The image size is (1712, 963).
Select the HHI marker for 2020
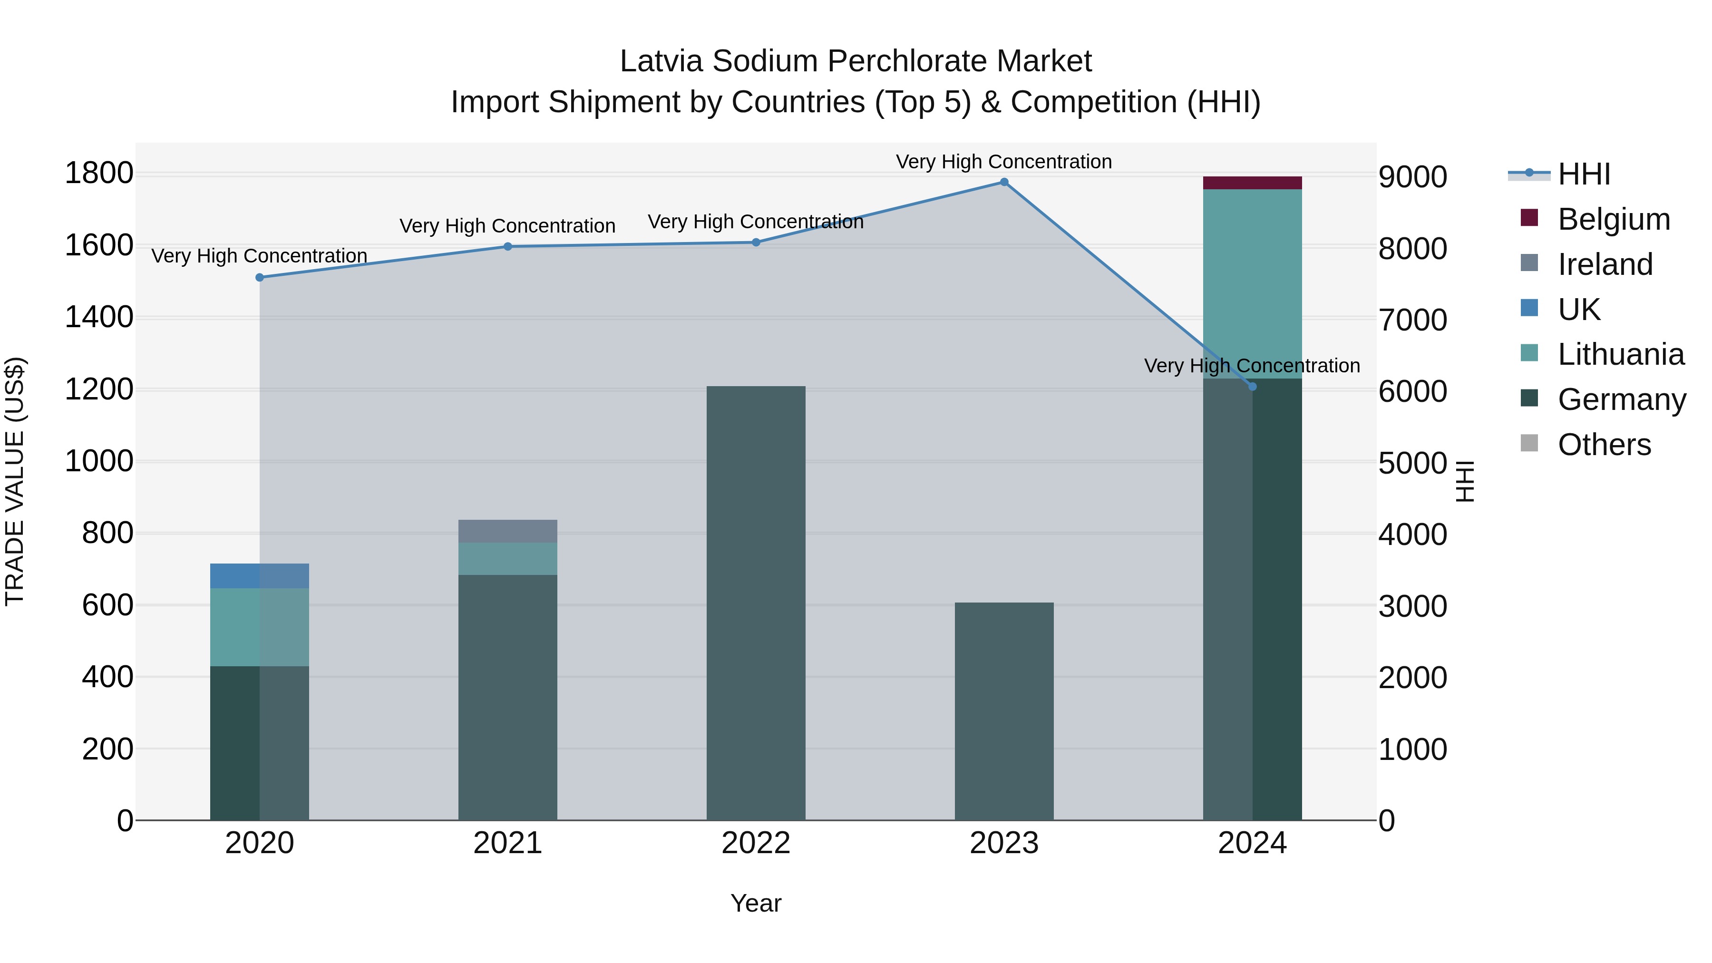click(x=260, y=277)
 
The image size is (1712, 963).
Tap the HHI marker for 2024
click(x=1252, y=386)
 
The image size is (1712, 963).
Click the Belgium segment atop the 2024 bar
click(x=1252, y=183)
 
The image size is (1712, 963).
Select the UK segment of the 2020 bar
click(x=259, y=575)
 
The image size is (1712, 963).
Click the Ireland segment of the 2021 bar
click(x=508, y=531)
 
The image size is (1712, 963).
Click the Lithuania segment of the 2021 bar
click(x=508, y=558)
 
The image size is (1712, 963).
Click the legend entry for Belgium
click(x=1613, y=219)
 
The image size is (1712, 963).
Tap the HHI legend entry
click(x=1583, y=174)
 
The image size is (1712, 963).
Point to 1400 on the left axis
click(x=99, y=317)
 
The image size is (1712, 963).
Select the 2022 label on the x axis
click(x=756, y=843)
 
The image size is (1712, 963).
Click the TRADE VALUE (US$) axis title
click(x=15, y=481)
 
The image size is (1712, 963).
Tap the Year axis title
click(x=756, y=903)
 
